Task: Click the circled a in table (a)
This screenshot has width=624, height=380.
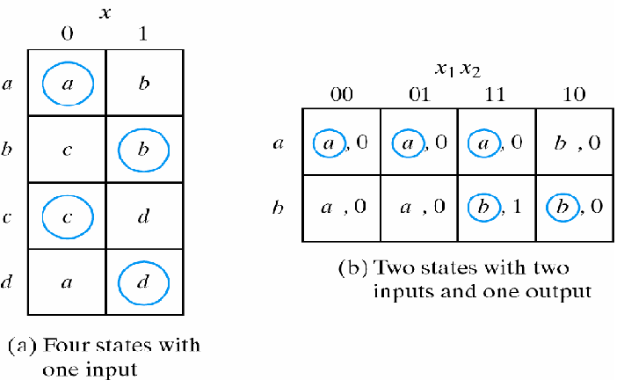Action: pos(67,83)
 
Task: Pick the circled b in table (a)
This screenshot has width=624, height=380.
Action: pos(143,150)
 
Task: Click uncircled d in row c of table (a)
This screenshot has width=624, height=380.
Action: pos(143,216)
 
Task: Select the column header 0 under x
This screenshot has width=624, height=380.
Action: pos(67,33)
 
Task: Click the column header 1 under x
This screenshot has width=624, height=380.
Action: pos(144,33)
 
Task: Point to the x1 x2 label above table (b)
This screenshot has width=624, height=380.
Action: pos(458,69)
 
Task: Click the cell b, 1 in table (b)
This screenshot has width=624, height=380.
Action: pos(497,208)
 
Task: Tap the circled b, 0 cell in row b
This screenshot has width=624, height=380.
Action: pos(574,208)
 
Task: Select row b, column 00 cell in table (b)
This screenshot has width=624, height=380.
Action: pos(342,208)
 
